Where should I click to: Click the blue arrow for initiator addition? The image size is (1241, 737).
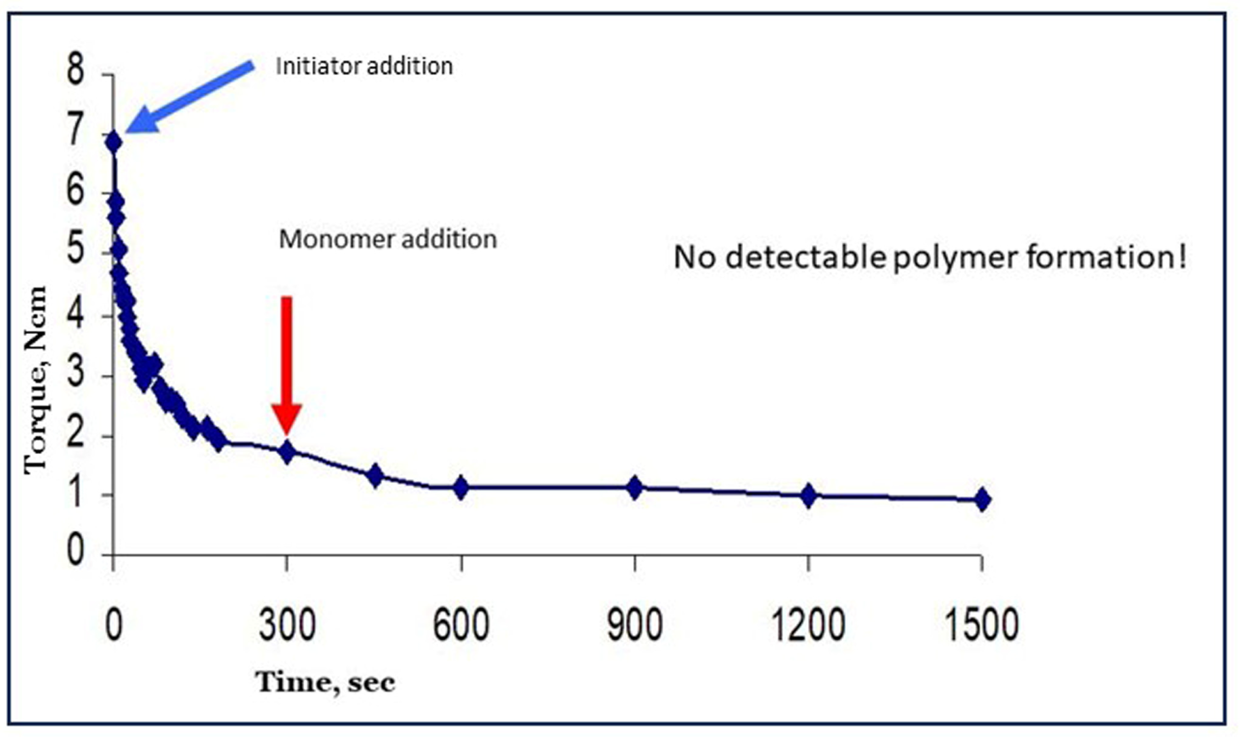click(x=189, y=98)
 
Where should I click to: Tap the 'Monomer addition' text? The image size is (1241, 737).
click(x=387, y=239)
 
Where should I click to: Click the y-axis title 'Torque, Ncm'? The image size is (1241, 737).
click(x=36, y=380)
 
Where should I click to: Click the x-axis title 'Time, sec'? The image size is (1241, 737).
click(x=325, y=682)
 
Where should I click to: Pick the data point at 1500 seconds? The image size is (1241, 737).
click(x=982, y=500)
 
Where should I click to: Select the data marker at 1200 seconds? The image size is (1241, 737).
click(x=809, y=496)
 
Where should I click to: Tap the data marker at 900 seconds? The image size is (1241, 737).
click(x=634, y=488)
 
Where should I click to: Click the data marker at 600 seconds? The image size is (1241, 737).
click(x=461, y=488)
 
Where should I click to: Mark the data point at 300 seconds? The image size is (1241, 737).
click(x=287, y=452)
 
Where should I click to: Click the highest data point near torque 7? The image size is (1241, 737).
click(x=114, y=143)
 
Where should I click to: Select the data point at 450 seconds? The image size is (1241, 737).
click(x=375, y=475)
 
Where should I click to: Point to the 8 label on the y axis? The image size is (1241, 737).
click(x=75, y=70)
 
